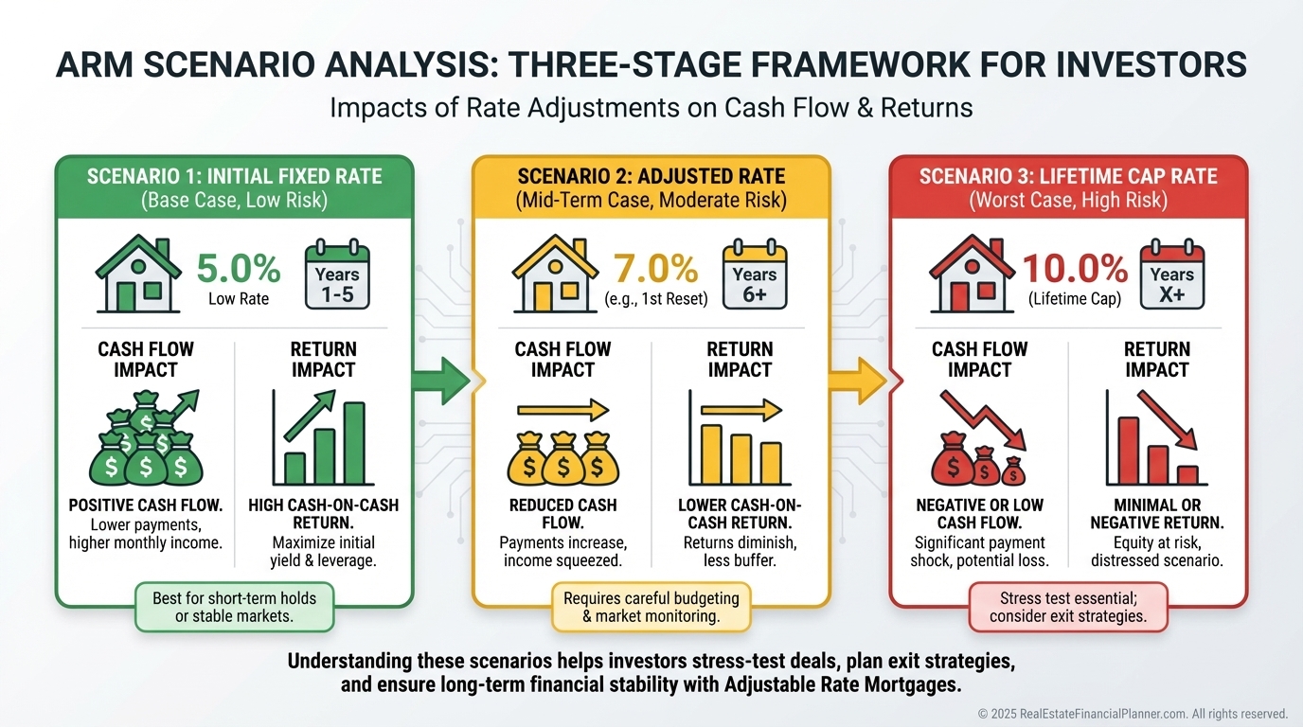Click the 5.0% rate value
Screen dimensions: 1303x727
click(x=239, y=268)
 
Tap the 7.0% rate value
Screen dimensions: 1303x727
click(x=655, y=268)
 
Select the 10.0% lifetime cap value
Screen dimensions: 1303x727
click(x=1075, y=268)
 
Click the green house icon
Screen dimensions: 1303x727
click(x=138, y=274)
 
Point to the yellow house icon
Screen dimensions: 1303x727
click(x=556, y=274)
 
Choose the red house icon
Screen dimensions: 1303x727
click(x=973, y=274)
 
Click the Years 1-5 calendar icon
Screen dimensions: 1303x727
click(x=337, y=275)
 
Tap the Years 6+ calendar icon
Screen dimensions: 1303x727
click(x=755, y=275)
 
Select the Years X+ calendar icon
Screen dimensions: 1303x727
click(x=1171, y=275)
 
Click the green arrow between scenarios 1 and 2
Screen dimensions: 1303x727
click(x=440, y=381)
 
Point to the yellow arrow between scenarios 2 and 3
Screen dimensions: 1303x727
click(x=857, y=381)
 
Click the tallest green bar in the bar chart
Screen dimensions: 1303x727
click(x=354, y=443)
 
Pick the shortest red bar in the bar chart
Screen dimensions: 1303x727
click(x=1187, y=475)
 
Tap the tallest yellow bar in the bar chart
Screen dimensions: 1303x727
click(x=711, y=454)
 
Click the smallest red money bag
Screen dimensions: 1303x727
click(x=1013, y=471)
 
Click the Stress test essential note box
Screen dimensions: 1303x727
click(x=1068, y=607)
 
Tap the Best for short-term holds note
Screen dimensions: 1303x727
click(x=235, y=607)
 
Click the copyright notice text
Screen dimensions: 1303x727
click(x=1133, y=714)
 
